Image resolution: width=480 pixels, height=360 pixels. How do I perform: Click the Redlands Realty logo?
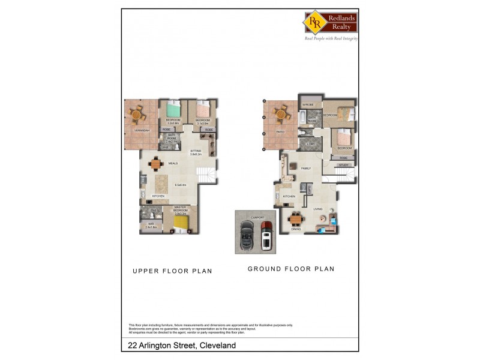pyautogui.click(x=330, y=22)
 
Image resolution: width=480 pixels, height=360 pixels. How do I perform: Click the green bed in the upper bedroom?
pyautogui.click(x=172, y=110)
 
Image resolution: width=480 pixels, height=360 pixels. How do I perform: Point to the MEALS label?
pyautogui.click(x=173, y=163)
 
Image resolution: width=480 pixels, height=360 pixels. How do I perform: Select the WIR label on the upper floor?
pyautogui.click(x=151, y=224)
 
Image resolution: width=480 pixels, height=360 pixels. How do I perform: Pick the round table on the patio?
pyautogui.click(x=280, y=113)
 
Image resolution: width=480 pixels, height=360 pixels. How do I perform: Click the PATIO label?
pyautogui.click(x=280, y=131)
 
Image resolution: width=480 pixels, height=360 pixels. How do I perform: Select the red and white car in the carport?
pyautogui.click(x=266, y=235)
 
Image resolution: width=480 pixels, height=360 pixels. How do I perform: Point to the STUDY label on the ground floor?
pyautogui.click(x=344, y=164)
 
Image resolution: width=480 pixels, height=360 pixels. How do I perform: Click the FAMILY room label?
pyautogui.click(x=306, y=169)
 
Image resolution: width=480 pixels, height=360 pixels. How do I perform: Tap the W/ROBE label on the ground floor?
pyautogui.click(x=308, y=104)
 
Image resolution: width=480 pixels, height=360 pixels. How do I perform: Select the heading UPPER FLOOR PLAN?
pyautogui.click(x=172, y=271)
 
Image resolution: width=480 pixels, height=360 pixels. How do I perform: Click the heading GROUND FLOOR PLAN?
pyautogui.click(x=291, y=269)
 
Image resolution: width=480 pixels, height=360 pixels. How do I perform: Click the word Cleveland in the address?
pyautogui.click(x=217, y=346)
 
